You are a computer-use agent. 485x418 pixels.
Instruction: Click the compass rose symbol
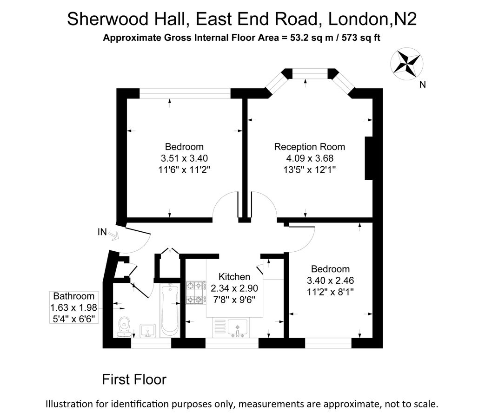coord(406,64)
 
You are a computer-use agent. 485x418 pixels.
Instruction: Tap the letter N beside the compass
coord(423,85)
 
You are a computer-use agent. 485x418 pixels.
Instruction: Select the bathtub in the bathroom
coord(170,311)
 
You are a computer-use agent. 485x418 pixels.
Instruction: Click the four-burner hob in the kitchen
coord(195,293)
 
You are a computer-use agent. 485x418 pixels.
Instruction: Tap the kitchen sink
coord(237,328)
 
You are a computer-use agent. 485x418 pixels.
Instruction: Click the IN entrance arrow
coord(113,236)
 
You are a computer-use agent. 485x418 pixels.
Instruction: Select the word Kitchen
coord(234,276)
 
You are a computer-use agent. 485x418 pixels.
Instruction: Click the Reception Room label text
coord(309,147)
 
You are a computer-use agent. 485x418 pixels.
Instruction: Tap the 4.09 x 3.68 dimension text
coord(310,158)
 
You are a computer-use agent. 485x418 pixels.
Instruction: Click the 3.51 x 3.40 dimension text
coord(184,158)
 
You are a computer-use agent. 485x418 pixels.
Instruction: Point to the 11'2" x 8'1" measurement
coord(330,292)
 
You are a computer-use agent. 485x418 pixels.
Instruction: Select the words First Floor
coord(134,379)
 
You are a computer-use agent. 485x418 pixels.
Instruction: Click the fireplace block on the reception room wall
coord(369,158)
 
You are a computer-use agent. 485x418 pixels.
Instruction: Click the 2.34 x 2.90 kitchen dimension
coord(234,288)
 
